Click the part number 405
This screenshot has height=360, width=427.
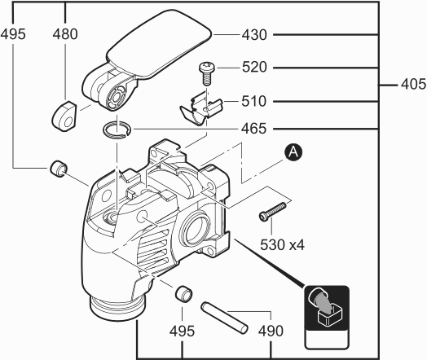[413, 84]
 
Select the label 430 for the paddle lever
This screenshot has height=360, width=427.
[254, 35]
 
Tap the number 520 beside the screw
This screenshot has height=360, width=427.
[254, 68]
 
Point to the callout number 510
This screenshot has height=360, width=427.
[253, 101]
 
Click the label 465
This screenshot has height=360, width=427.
[253, 129]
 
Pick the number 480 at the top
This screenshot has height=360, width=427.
[65, 34]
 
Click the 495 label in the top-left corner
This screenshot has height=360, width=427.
[13, 34]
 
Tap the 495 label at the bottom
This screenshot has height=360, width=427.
[182, 331]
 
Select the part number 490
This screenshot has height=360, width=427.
[271, 331]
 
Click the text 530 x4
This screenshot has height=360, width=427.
[283, 244]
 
